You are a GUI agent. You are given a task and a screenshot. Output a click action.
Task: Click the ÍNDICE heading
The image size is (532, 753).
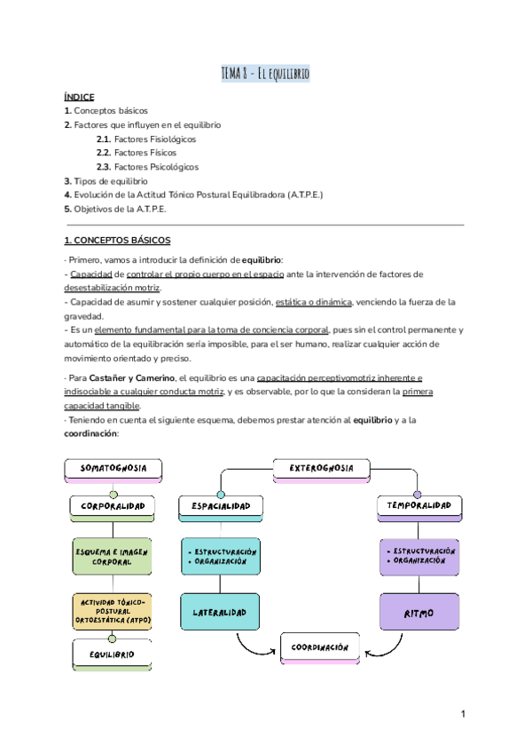tap(79, 96)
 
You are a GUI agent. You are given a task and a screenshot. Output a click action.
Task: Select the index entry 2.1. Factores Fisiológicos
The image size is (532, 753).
tap(146, 139)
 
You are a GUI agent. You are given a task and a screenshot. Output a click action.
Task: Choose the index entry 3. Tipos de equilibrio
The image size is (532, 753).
tap(106, 181)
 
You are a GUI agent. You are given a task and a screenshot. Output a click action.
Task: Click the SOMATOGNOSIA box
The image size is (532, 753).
tap(113, 467)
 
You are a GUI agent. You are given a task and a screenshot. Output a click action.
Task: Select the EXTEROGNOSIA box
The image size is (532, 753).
tap(322, 467)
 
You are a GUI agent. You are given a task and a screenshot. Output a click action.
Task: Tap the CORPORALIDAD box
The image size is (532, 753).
tap(113, 505)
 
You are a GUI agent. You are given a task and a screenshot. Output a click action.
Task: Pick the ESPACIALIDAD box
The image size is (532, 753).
tap(221, 505)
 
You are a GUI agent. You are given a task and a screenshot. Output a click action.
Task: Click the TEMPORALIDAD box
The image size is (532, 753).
tap(419, 505)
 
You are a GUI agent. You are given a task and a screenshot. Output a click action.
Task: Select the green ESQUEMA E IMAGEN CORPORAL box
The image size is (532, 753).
tap(113, 556)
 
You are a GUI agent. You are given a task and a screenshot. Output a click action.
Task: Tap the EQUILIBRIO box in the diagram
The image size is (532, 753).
tap(113, 654)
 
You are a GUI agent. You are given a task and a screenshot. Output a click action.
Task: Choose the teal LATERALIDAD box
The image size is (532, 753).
tap(221, 612)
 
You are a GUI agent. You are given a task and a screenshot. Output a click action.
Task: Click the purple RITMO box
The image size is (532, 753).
tap(419, 613)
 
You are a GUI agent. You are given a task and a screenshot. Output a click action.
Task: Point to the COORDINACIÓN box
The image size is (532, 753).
tap(320, 648)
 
